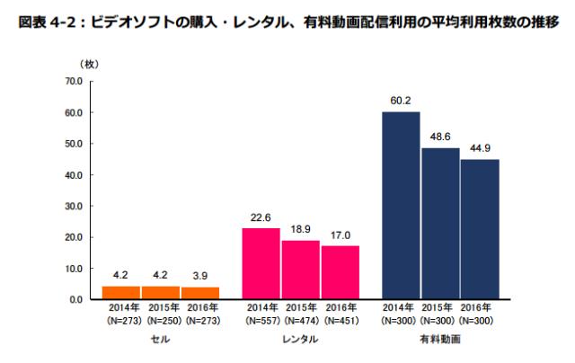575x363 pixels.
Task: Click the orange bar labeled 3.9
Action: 200,293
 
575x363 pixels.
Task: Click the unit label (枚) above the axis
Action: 90,64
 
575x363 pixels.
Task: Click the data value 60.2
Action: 401,102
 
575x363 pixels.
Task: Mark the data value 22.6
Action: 261,218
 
